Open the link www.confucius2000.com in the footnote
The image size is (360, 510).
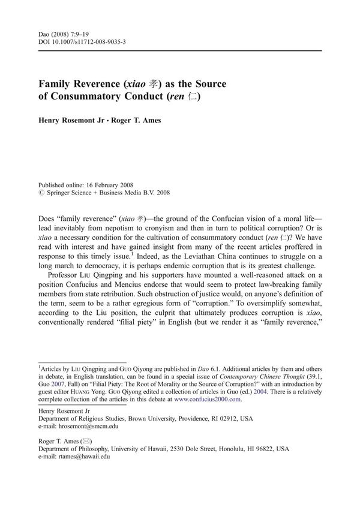[207, 399]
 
